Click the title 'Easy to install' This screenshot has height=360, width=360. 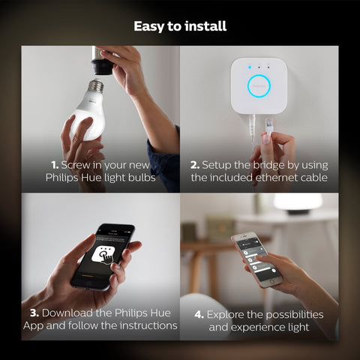[x=180, y=26]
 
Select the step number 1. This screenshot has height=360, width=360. [x=55, y=164]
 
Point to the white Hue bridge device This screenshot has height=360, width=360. [x=258, y=85]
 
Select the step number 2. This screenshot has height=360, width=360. [x=195, y=164]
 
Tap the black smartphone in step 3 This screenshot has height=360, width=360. [x=103, y=256]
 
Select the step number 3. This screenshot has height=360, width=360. [x=34, y=312]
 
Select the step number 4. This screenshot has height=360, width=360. [x=199, y=314]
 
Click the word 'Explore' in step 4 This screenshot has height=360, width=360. [x=229, y=314]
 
